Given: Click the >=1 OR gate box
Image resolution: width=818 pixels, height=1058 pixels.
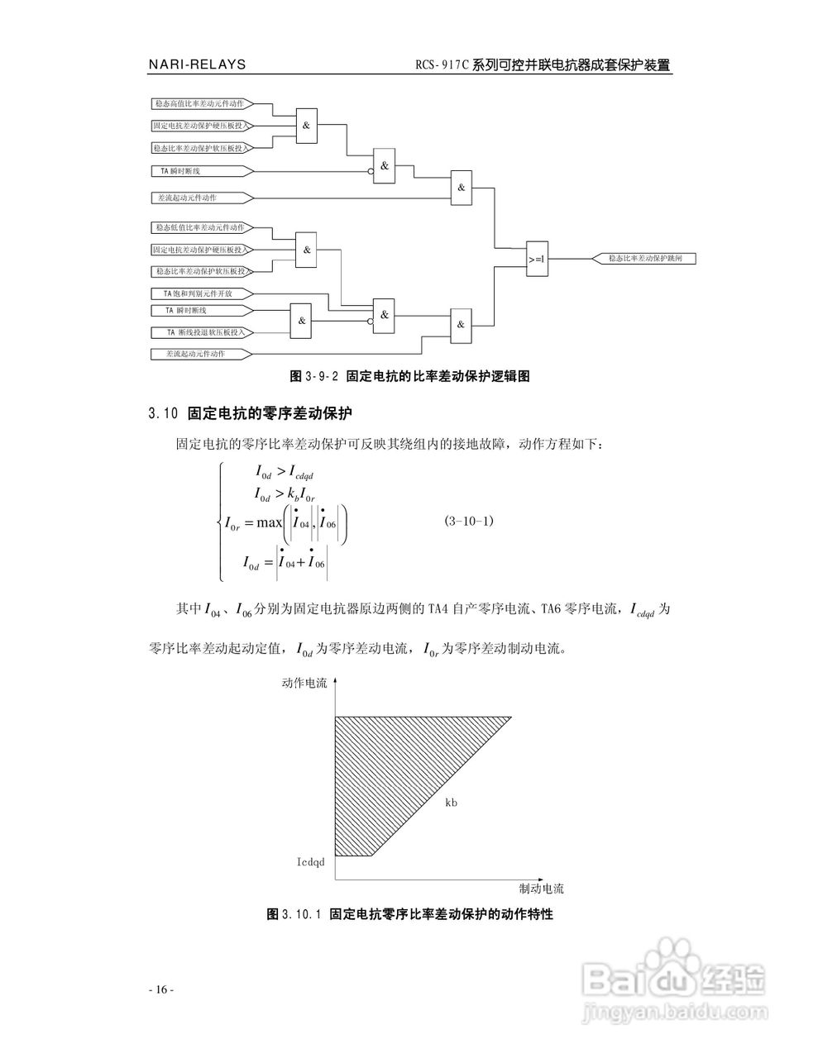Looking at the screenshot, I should coord(537,259).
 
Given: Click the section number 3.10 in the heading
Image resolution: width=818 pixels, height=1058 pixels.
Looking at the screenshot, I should coord(164,413).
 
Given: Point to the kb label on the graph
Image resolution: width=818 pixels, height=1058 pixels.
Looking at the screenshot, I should coord(452,803).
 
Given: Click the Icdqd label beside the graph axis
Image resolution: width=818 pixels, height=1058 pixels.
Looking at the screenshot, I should coord(311,862).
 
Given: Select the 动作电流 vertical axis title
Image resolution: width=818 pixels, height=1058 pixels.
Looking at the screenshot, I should coord(304,683).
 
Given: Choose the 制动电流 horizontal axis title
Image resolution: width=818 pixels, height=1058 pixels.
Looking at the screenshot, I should coord(542,889).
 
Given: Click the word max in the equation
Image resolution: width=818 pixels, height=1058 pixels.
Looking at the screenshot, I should coord(270,522).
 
